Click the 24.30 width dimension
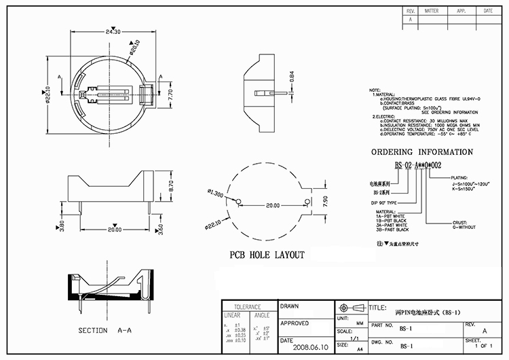(x=113, y=31)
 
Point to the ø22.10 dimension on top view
(x=48, y=96)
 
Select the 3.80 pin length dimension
(x=62, y=226)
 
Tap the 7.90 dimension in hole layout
(x=324, y=201)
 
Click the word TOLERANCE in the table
(x=248, y=307)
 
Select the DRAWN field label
(x=290, y=306)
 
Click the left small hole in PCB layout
(x=238, y=200)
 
